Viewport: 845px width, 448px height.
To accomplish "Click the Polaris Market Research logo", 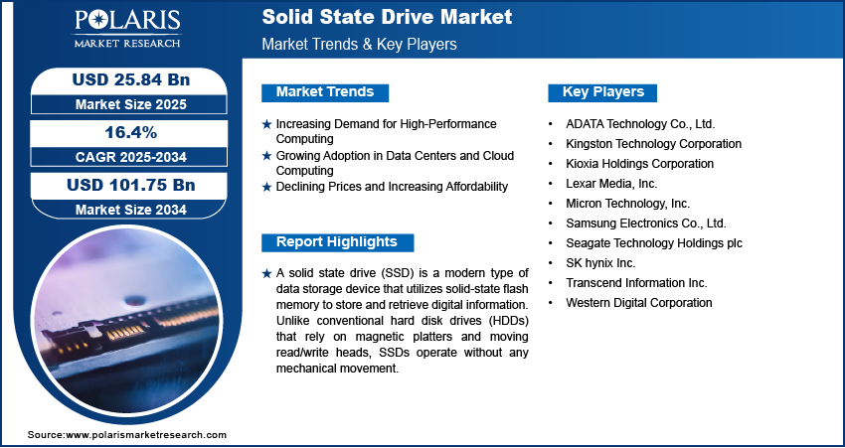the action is point(127,29).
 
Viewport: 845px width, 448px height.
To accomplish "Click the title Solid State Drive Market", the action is point(387,17).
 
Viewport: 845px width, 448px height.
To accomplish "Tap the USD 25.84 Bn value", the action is point(131,79).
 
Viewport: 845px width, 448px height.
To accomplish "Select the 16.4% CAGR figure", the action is point(130,132).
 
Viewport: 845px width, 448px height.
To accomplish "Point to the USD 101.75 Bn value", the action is point(131,185).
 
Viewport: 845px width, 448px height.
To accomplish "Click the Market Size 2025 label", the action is point(131,104).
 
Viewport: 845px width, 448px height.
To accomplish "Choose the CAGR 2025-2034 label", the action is point(131,157).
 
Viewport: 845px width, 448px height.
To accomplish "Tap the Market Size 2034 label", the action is point(131,210).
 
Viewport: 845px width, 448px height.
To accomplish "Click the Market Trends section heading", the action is point(325,92).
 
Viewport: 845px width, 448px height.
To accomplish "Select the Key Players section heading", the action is point(603,92).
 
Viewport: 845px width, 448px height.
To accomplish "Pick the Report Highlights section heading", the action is point(337,242).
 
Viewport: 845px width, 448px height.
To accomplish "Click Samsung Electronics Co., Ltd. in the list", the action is point(646,223).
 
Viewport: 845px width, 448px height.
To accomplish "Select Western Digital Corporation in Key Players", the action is point(639,303).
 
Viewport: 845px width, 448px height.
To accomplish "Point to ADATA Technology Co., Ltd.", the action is point(640,124).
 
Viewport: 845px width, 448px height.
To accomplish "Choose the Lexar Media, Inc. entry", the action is point(611,184).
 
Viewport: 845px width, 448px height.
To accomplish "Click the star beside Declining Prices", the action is point(266,188).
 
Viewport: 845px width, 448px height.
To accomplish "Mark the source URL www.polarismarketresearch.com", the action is point(146,435).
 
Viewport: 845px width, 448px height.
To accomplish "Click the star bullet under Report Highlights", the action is point(266,274).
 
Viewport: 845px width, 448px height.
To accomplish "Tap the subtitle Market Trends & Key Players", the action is point(360,44).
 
